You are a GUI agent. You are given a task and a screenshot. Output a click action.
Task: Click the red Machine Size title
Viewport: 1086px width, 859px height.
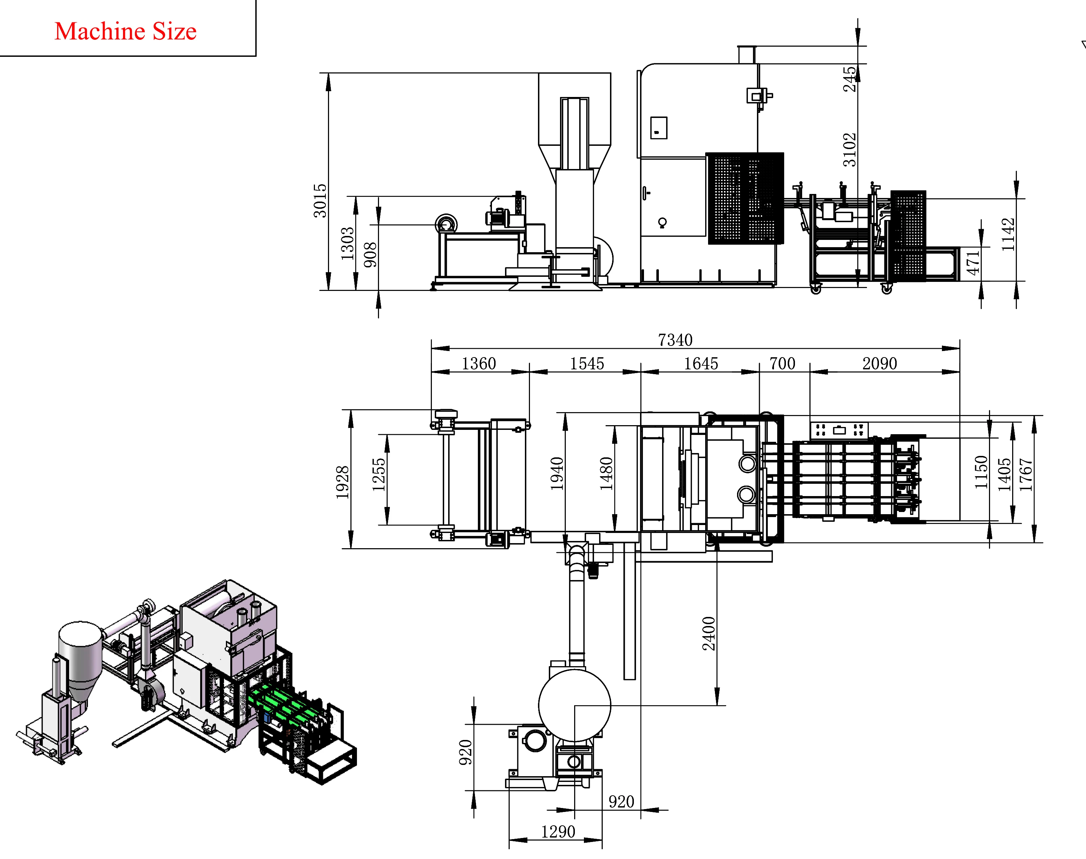tap(125, 31)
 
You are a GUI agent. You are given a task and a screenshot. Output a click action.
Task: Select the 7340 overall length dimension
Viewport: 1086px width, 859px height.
tap(675, 340)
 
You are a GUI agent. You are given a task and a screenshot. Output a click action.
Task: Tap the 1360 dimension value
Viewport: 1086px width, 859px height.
tap(479, 364)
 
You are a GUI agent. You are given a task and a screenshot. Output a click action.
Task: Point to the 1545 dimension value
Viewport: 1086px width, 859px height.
tap(586, 364)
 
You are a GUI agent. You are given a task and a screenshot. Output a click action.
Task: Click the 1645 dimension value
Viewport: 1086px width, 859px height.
tap(701, 364)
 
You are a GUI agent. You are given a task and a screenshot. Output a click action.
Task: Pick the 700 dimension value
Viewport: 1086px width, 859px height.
tap(782, 364)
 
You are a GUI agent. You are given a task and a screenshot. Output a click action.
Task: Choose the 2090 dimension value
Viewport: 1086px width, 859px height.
tap(879, 364)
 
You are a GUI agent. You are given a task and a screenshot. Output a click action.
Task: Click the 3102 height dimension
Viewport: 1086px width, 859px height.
tap(850, 149)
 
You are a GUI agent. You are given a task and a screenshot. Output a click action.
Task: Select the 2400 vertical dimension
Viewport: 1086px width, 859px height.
tap(709, 634)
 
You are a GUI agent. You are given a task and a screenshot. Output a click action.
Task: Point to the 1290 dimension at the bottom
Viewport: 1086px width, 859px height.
tap(558, 832)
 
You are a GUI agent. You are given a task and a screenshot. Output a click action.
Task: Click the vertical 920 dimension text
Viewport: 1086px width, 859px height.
tap(466, 752)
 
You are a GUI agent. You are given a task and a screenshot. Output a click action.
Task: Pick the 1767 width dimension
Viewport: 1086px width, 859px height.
tap(1026, 475)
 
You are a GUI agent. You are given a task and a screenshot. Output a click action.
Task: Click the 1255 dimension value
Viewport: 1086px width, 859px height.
tap(379, 475)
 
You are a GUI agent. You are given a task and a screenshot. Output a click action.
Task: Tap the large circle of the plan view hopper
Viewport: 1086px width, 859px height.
tap(574, 705)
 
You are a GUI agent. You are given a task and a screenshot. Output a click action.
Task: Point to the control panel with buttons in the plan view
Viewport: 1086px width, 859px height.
tap(838, 430)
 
